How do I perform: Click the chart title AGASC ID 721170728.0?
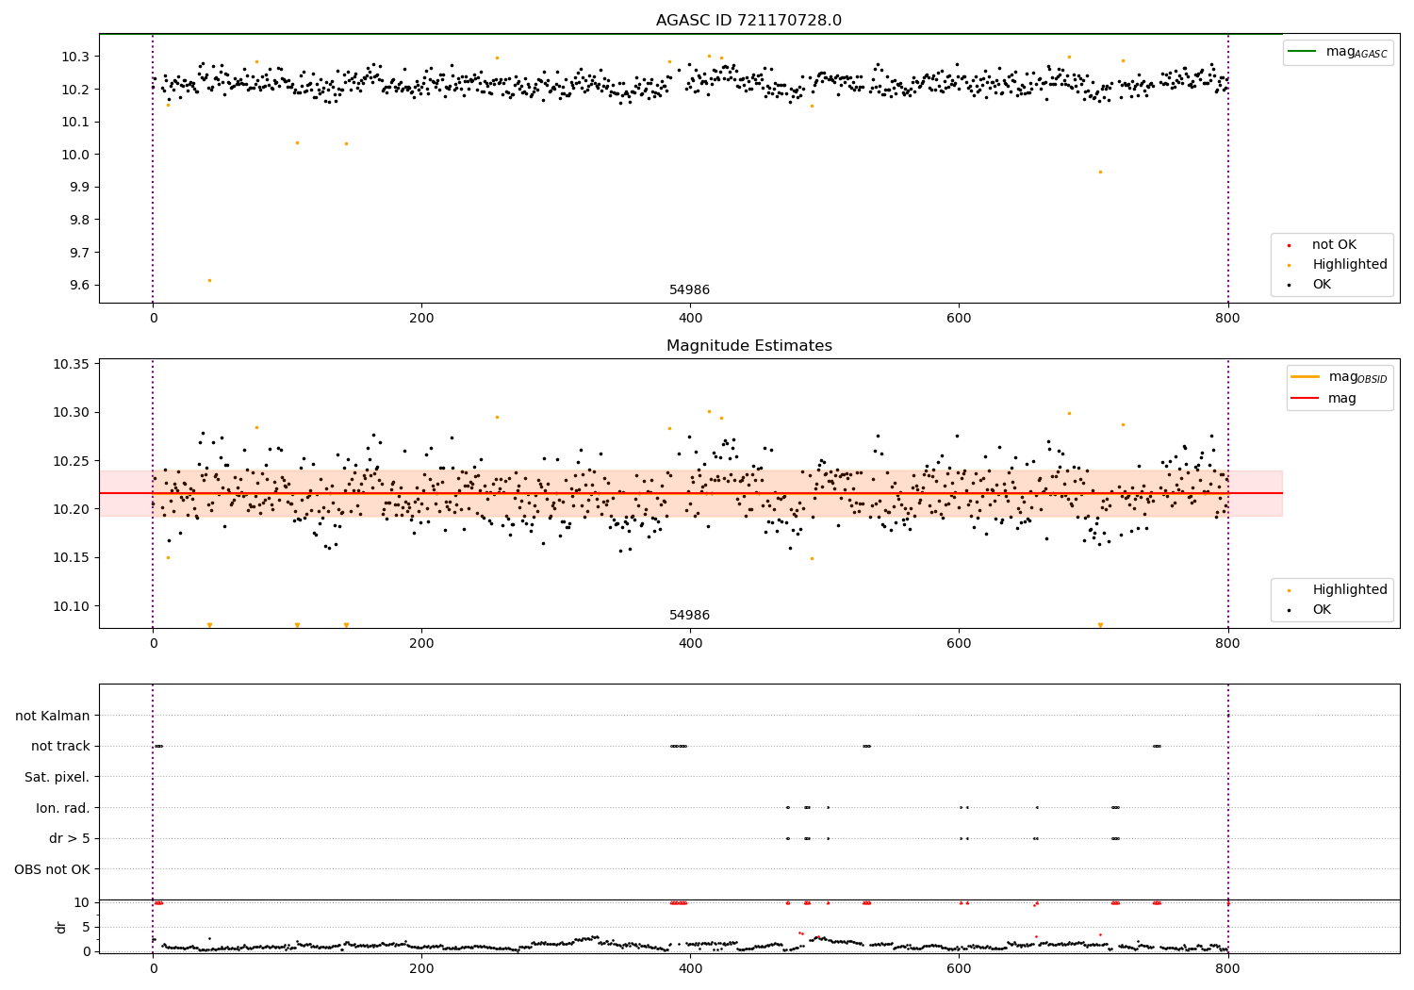pyautogui.click(x=748, y=21)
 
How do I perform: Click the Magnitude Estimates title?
pyautogui.click(x=748, y=346)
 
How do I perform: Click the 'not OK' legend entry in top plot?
pyautogui.click(x=1334, y=245)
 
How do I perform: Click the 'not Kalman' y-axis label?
pyautogui.click(x=53, y=716)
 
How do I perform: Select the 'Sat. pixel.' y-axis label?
pyautogui.click(x=58, y=777)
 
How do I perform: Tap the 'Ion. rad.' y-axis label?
pyautogui.click(x=63, y=808)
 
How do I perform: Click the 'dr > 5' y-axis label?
pyautogui.click(x=69, y=838)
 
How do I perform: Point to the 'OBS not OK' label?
pyautogui.click(x=53, y=869)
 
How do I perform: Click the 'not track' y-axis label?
pyautogui.click(x=60, y=746)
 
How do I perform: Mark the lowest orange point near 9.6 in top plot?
pyautogui.click(x=209, y=280)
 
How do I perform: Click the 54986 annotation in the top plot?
pyautogui.click(x=689, y=290)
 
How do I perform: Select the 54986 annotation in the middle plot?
pyautogui.click(x=689, y=616)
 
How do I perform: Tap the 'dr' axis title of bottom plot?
pyautogui.click(x=61, y=927)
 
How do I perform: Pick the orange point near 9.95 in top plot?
pyautogui.click(x=1100, y=172)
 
